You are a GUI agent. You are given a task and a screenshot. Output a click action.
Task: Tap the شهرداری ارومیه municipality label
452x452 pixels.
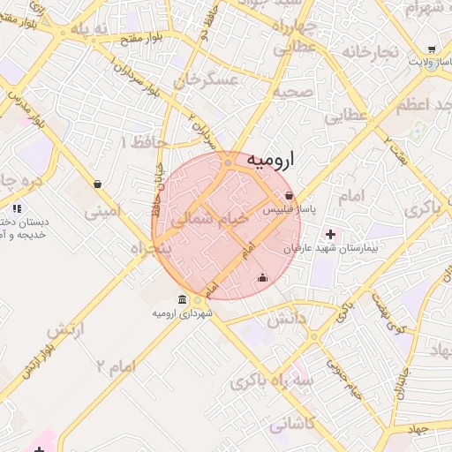click(183, 313)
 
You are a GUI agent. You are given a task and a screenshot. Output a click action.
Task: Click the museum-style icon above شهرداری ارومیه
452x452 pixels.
click(182, 299)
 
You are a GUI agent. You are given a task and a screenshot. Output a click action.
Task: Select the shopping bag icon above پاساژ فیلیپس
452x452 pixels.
click(290, 196)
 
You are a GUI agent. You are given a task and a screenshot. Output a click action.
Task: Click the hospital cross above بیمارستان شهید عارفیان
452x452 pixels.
click(331, 235)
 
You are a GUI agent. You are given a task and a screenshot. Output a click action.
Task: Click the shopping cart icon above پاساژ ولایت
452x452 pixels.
click(431, 49)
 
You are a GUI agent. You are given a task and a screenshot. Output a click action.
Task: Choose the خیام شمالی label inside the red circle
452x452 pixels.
click(203, 221)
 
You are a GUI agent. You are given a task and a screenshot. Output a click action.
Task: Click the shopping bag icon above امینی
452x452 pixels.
click(95, 185)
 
